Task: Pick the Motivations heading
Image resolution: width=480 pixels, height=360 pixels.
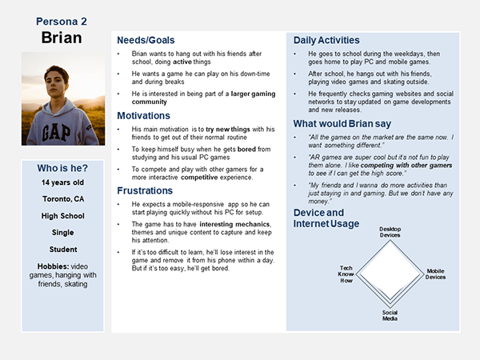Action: [x=149, y=116]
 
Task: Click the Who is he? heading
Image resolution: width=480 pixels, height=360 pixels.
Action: [x=62, y=169]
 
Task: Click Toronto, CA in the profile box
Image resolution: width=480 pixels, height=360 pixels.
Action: [x=62, y=200]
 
